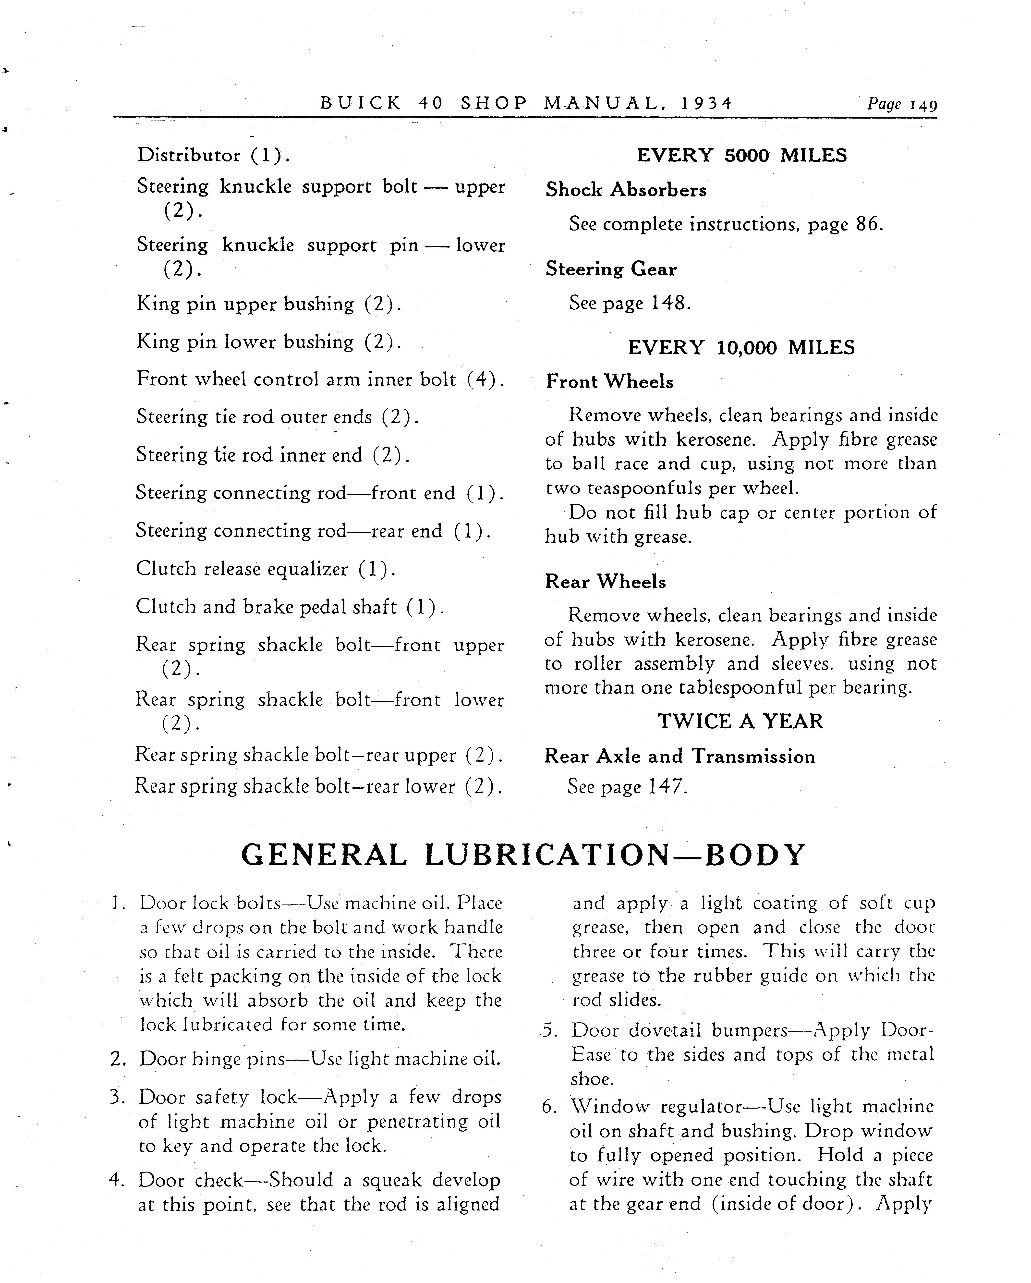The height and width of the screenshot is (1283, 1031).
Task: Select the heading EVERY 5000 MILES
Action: tap(742, 155)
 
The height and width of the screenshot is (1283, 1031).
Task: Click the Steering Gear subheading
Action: tap(611, 269)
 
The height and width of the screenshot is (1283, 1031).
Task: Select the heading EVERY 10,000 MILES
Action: tap(741, 348)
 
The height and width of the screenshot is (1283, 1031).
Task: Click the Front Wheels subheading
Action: tap(610, 381)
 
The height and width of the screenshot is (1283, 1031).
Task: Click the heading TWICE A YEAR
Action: tap(740, 721)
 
